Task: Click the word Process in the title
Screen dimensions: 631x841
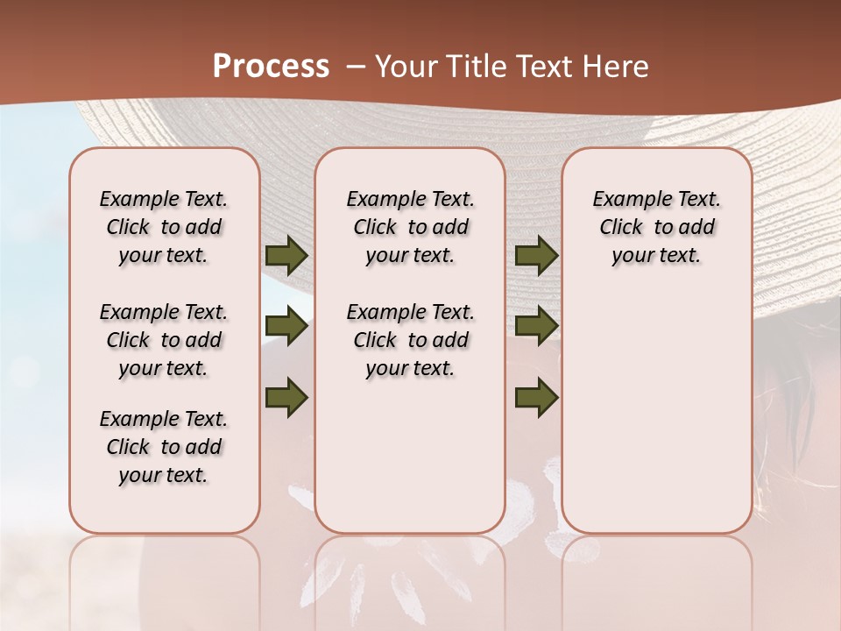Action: click(271, 66)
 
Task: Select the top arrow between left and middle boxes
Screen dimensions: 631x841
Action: click(286, 255)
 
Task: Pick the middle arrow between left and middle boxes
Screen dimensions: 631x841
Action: click(286, 327)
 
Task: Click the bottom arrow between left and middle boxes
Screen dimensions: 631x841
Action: click(286, 397)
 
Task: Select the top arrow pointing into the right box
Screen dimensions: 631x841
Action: click(536, 255)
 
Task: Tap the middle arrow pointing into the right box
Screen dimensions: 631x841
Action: click(536, 327)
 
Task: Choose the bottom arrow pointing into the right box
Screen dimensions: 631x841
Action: click(536, 397)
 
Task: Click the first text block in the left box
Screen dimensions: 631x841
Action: click(164, 227)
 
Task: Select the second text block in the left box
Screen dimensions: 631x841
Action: click(164, 340)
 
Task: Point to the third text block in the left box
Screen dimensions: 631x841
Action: click(164, 447)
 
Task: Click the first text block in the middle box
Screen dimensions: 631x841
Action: click(410, 227)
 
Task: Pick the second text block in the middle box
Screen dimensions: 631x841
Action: click(410, 340)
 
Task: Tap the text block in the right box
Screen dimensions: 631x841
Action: click(656, 227)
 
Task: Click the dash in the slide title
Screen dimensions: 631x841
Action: click(356, 67)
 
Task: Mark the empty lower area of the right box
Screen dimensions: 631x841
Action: click(656, 412)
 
